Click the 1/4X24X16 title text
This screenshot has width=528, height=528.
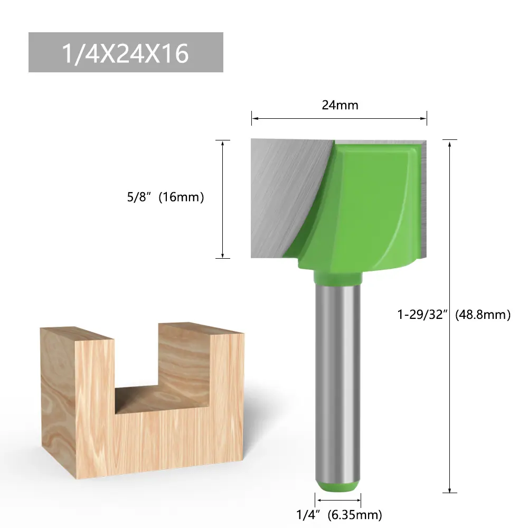(125, 53)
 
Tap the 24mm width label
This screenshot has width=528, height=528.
(340, 105)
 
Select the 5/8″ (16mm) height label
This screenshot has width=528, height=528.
(165, 197)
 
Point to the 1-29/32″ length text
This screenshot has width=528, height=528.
(422, 315)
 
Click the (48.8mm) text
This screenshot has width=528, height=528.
(483, 315)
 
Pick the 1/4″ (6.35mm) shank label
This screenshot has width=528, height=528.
(339, 514)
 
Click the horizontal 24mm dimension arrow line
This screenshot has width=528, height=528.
(339, 118)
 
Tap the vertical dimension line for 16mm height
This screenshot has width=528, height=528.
(223, 199)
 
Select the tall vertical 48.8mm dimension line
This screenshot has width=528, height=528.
(450, 316)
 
